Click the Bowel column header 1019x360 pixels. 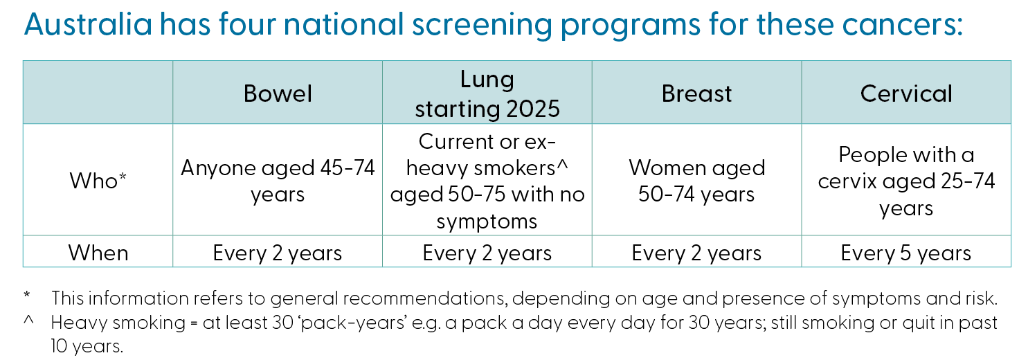(x=278, y=93)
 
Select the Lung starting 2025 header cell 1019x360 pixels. (x=487, y=93)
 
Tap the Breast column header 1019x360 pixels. (x=696, y=93)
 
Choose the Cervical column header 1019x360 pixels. (x=906, y=93)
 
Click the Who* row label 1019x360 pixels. (x=98, y=180)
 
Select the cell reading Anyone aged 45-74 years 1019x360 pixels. (x=278, y=181)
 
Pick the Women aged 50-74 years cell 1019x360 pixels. (x=696, y=181)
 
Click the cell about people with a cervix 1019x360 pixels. (x=906, y=181)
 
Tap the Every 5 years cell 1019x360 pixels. (x=905, y=253)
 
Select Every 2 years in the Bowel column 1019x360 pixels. (x=278, y=253)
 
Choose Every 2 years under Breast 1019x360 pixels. (x=696, y=253)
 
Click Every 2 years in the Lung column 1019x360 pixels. (x=487, y=253)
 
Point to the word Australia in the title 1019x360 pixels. (x=88, y=24)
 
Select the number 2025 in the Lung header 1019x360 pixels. (x=533, y=109)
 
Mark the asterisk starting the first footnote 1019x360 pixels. (x=27, y=295)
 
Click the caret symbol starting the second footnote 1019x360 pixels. (x=28, y=320)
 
